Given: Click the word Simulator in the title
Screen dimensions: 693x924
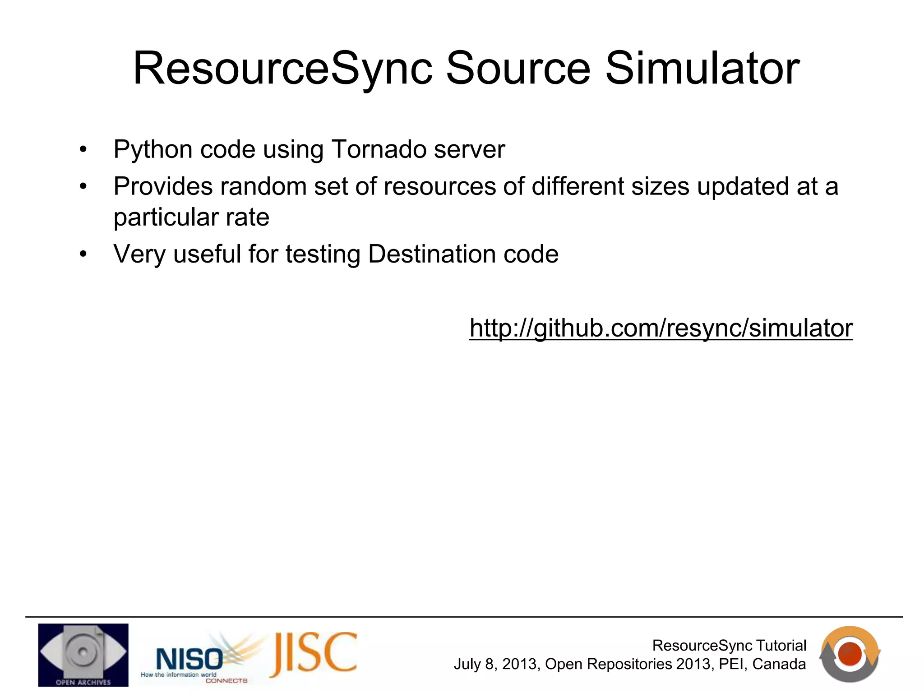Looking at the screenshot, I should coord(702,69).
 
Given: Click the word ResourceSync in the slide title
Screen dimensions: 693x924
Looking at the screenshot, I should coord(283,69).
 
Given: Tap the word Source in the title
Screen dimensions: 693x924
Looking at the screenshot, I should coord(518,69).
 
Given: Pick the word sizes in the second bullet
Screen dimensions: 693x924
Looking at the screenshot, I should coord(660,186).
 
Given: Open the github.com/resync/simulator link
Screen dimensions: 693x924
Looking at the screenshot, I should coord(661,328).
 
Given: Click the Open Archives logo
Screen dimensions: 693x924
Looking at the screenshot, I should coord(83,655).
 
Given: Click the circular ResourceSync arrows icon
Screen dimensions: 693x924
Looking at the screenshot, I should coord(850,654).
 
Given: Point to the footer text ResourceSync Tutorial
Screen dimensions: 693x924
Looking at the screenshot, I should coord(729,646).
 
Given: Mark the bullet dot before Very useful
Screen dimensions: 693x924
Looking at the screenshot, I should coord(83,254).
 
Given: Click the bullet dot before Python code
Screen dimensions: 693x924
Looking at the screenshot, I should coord(83,150).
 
